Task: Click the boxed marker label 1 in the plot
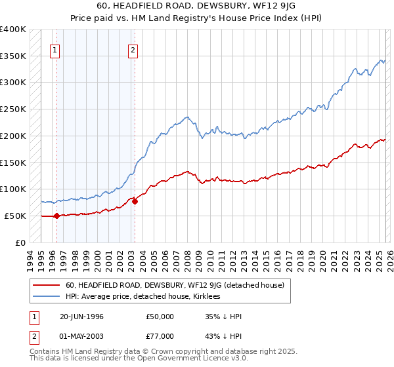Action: [55, 49]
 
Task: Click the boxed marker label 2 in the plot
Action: [133, 49]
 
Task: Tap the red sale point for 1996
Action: [56, 216]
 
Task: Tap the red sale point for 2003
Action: [135, 201]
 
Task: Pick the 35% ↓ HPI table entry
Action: [223, 317]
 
